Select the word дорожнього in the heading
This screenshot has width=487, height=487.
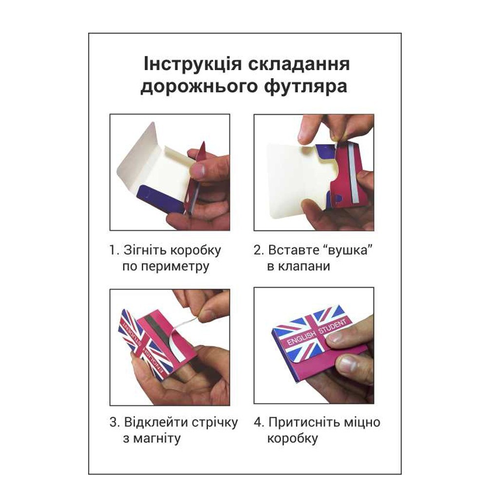click(199, 87)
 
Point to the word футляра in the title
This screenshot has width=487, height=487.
click(306, 87)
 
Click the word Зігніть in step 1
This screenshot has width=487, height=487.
click(145, 250)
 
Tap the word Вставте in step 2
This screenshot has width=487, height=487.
click(294, 250)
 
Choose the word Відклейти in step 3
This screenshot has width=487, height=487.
click(156, 422)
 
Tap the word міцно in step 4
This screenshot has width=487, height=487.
click(362, 422)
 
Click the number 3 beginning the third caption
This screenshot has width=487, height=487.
click(113, 423)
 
